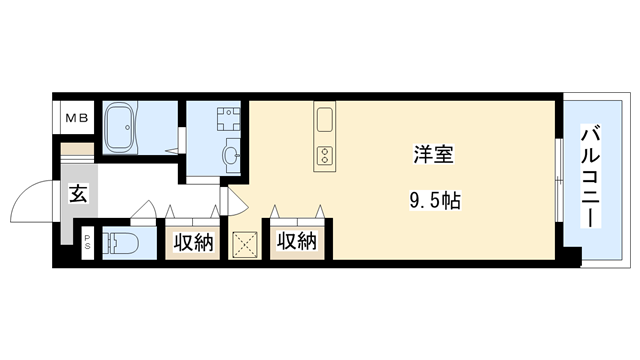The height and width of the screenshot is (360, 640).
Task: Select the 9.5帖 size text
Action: (434, 200)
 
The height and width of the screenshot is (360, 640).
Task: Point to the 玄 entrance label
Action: (78, 195)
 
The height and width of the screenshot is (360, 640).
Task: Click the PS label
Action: (87, 241)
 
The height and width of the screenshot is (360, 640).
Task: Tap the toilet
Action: (122, 243)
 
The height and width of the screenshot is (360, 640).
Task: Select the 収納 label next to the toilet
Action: (194, 242)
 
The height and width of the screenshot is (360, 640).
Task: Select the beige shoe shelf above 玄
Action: (76, 151)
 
